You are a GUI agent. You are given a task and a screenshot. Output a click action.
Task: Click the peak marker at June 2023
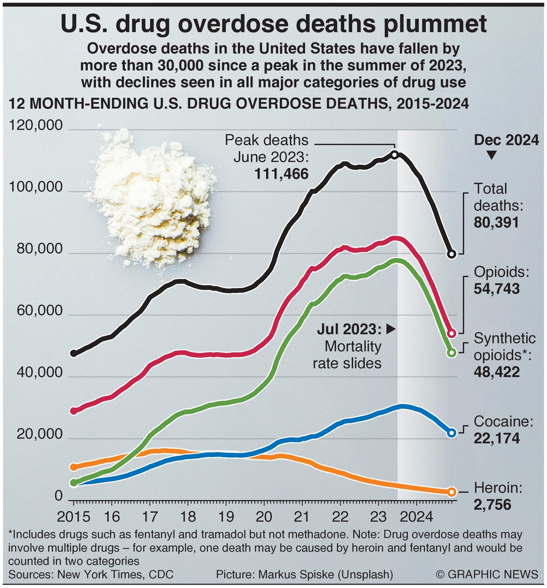[395, 154]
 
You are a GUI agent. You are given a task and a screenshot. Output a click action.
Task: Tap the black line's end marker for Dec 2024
[451, 254]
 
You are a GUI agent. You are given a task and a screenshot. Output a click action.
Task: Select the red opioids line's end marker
[451, 333]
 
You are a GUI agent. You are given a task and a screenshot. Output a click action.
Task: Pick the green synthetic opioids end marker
[451, 353]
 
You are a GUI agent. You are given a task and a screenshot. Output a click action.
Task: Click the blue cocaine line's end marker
[451, 433]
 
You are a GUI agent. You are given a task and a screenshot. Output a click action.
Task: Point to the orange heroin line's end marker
[451, 492]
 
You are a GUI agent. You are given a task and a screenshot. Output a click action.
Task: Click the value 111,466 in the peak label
[281, 174]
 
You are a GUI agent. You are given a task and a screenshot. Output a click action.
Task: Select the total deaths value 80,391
[496, 223]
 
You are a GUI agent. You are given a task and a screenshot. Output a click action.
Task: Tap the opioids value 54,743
[496, 289]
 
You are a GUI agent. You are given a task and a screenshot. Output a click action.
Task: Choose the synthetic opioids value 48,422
[496, 372]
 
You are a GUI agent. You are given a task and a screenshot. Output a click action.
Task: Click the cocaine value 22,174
[496, 439]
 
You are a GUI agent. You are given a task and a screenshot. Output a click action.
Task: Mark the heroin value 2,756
[492, 505]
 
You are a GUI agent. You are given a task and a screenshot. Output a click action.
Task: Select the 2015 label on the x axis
[74, 517]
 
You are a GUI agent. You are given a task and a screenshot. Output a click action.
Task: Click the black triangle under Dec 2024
[492, 156]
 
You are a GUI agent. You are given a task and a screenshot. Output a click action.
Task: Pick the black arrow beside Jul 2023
[390, 329]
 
